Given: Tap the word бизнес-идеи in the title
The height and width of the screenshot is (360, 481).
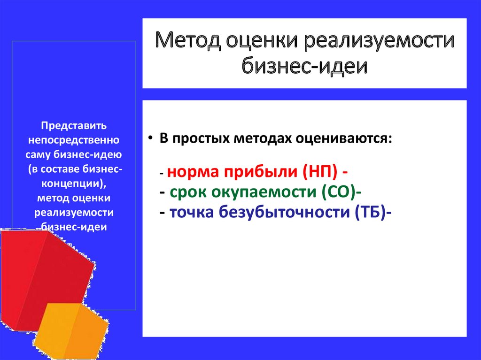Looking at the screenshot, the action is click(x=304, y=66).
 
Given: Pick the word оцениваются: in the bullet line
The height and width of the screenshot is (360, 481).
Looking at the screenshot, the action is click(x=344, y=139).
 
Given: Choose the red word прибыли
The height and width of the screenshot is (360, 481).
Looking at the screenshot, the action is click(x=261, y=172).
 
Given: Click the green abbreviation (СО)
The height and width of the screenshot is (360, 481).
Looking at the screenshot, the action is click(x=339, y=192).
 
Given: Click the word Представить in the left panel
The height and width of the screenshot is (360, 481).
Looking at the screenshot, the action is click(x=74, y=126).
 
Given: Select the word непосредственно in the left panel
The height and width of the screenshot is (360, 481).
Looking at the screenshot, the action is click(x=74, y=140).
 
